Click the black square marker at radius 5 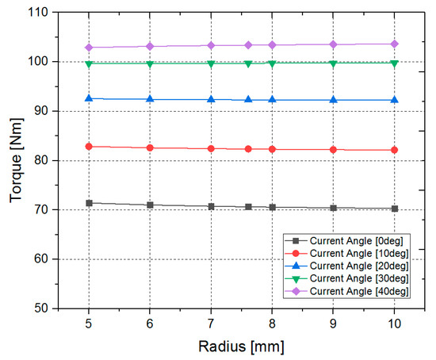pos(89,203)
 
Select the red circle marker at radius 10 pos(394,150)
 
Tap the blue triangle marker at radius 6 pos(150,99)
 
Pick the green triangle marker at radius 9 pos(333,63)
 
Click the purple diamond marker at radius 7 pos(211,45)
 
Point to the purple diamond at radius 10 pos(394,44)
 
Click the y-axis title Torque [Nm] pos(14,160)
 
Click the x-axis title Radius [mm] pos(242,347)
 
